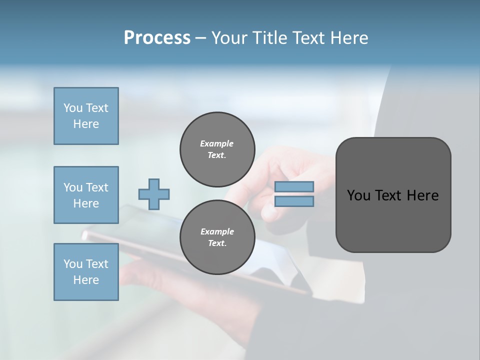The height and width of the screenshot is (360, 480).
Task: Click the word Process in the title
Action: point(157,37)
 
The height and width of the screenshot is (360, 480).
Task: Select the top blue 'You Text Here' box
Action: point(86,116)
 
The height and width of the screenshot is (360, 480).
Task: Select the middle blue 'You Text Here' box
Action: point(86,195)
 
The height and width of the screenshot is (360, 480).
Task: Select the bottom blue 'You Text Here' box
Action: point(86,271)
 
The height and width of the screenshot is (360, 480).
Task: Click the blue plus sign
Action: point(153,194)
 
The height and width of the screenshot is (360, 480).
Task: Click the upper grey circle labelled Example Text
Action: point(217,149)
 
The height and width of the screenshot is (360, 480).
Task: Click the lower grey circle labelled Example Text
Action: point(217,237)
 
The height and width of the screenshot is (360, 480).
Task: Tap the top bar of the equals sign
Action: point(294,186)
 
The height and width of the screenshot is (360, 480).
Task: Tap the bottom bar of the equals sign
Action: point(294,201)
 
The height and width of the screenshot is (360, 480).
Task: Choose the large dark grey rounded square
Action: point(393,220)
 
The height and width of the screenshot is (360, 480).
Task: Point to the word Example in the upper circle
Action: point(217,143)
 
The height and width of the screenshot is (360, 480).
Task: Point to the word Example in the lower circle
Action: point(217,231)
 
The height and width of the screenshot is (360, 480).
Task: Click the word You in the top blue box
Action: point(72,108)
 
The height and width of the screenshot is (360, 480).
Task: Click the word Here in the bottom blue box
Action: point(86,280)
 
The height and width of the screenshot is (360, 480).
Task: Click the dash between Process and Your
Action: point(201,38)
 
